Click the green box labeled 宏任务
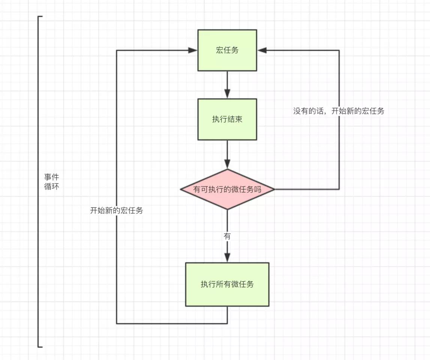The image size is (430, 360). point(227,50)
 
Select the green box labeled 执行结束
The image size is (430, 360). point(227,119)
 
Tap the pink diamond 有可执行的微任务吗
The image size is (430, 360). point(227,189)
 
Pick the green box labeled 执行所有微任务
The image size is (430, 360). point(227,284)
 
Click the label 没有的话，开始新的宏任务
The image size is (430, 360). point(338,111)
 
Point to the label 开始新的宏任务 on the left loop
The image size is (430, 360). point(116,210)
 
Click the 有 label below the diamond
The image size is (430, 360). point(227,237)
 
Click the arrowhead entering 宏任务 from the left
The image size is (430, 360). point(193,50)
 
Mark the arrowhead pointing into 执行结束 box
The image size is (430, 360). point(227,94)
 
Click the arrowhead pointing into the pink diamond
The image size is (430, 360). point(227,164)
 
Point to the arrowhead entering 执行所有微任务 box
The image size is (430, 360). point(227,258)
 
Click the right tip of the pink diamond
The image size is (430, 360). point(274,189)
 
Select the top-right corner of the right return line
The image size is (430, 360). point(339,50)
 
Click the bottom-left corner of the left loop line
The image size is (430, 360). point(117,323)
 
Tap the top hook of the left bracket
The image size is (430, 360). point(40,16)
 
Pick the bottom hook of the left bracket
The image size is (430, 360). point(40,347)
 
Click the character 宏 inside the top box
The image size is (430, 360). point(220,50)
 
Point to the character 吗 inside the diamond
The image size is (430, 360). point(257,189)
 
